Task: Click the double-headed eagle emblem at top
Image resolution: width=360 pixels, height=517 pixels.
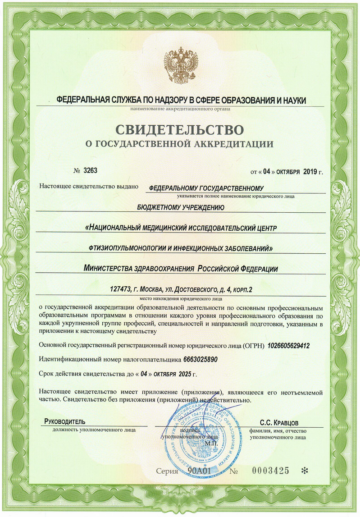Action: pyautogui.click(x=180, y=63)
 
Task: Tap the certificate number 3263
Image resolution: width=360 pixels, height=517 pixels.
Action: pyautogui.click(x=90, y=170)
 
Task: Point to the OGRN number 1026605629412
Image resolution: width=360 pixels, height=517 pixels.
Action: pyautogui.click(x=288, y=346)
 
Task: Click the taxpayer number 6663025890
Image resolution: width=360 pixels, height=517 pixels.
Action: pyautogui.click(x=201, y=360)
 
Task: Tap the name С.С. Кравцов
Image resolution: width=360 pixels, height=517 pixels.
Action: pyautogui.click(x=279, y=422)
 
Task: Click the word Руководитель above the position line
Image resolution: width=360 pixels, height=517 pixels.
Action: pyautogui.click(x=64, y=421)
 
